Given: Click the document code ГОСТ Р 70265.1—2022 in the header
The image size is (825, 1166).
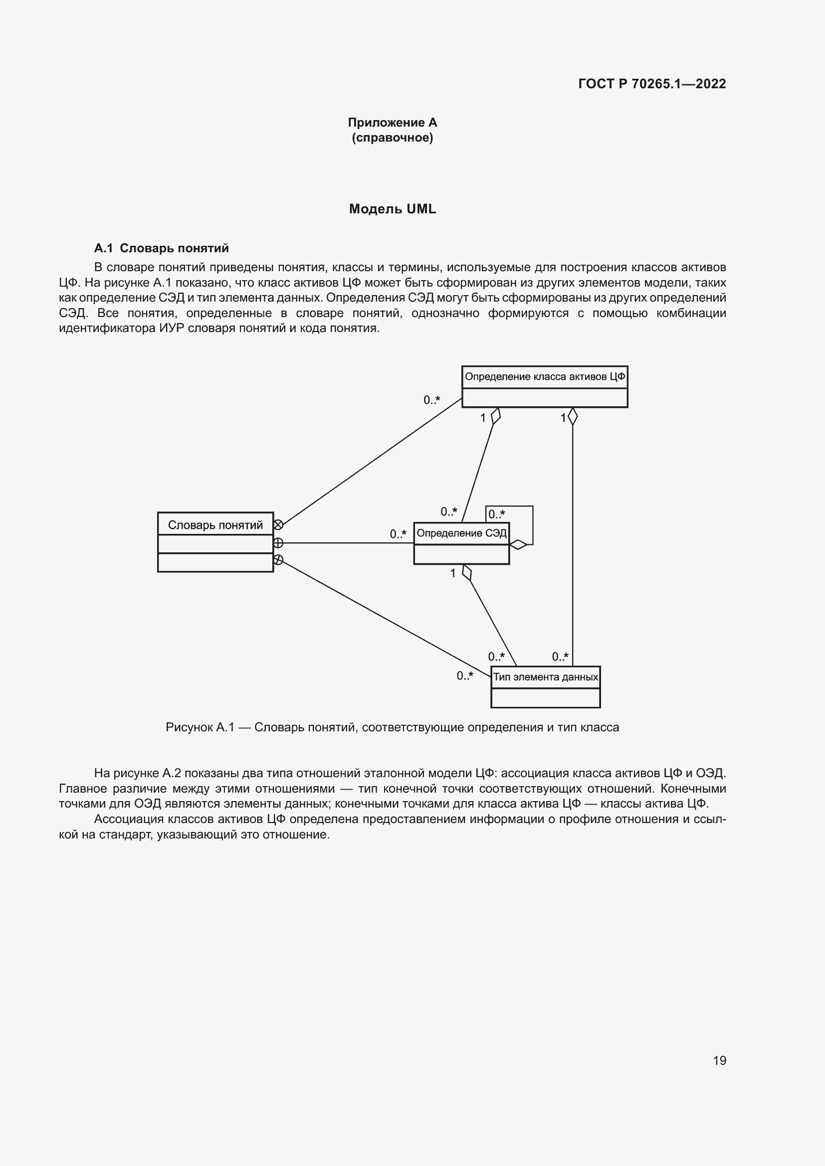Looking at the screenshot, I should (x=652, y=84).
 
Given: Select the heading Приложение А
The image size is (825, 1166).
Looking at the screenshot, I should (x=392, y=123).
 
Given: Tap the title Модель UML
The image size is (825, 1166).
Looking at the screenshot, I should (x=392, y=209).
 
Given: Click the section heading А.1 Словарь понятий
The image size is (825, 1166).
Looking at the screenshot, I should (x=161, y=248).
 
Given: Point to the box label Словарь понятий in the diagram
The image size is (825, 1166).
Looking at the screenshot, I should (x=215, y=524).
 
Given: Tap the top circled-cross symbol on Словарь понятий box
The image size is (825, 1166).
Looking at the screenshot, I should (x=278, y=524).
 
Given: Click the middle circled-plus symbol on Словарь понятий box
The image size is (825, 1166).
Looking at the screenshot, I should (x=278, y=543).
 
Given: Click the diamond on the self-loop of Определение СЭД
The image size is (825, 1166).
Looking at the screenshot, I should (x=518, y=545).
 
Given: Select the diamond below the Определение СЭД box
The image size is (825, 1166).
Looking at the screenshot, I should (x=467, y=573).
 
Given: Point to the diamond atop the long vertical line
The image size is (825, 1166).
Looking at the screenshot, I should (x=573, y=416).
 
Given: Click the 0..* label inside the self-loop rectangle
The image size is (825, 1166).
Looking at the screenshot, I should (x=496, y=514).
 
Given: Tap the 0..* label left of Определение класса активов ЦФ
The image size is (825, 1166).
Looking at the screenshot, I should (x=431, y=400).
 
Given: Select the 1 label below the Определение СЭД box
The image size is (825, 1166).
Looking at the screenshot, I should (x=452, y=573).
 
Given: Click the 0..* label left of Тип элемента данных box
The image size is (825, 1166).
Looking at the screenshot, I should (x=464, y=676).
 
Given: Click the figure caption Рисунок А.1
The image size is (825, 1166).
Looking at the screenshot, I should (x=392, y=727).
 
